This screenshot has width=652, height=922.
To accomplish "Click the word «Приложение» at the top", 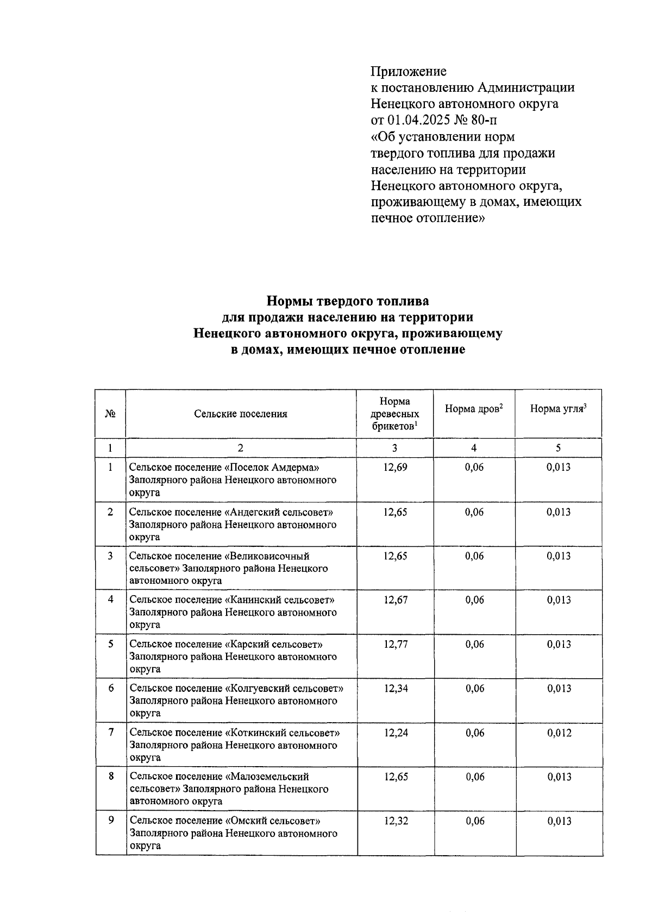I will click(408, 72).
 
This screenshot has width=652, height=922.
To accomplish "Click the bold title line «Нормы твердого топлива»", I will click(348, 301).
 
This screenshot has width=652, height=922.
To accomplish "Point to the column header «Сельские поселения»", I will click(241, 414).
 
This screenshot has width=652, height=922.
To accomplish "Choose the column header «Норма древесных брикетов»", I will click(395, 414).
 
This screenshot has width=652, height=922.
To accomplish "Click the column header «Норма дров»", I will click(473, 409).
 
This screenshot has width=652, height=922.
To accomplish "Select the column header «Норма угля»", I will click(558, 409).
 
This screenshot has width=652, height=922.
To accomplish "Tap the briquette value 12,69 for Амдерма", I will click(395, 468).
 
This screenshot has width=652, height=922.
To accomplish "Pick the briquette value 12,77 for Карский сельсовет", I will click(395, 645).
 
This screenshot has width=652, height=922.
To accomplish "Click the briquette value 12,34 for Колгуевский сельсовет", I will click(396, 689).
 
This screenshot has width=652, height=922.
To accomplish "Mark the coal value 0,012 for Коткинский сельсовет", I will click(559, 733).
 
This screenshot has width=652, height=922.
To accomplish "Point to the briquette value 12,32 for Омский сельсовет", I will click(396, 821).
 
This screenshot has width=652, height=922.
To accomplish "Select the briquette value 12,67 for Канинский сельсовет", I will click(395, 600).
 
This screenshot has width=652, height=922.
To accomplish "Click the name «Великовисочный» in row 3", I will click(269, 556).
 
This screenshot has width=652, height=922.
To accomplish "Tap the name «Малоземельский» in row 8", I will click(269, 777).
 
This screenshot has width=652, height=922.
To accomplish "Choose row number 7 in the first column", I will click(111, 732).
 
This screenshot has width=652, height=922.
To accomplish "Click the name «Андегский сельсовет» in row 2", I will click(279, 512).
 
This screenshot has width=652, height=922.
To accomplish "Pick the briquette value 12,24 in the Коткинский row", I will click(396, 733).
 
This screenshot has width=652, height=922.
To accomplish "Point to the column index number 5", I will click(558, 448).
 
